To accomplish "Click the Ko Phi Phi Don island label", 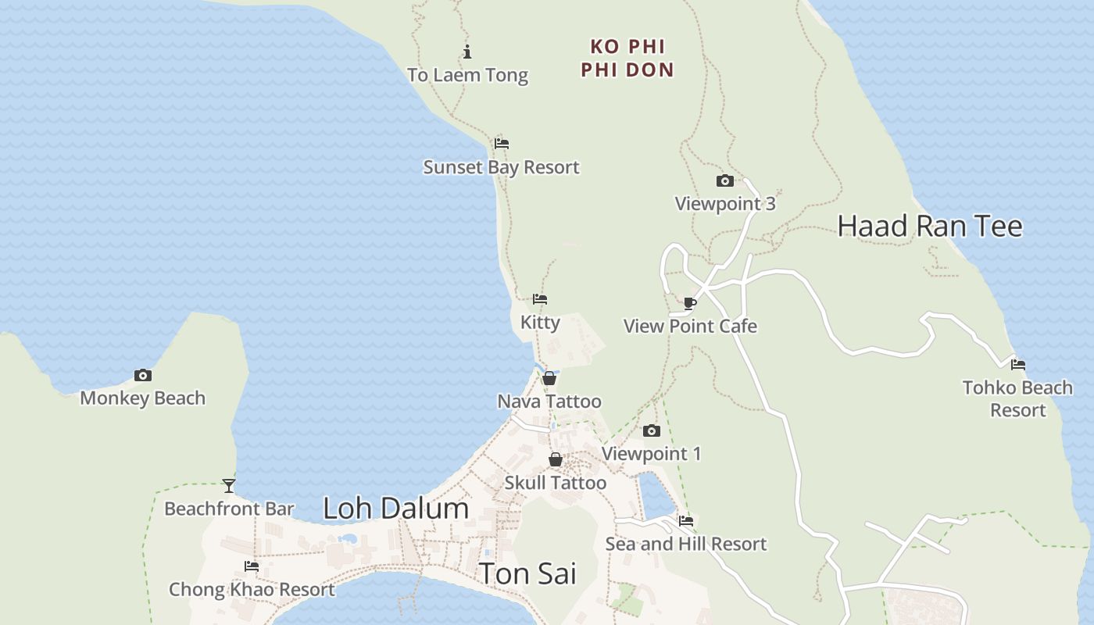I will (627, 58).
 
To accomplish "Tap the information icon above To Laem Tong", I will (467, 52).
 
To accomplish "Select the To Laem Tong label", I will (467, 75).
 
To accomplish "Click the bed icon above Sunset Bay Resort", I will (502, 144).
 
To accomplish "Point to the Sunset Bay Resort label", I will (501, 167).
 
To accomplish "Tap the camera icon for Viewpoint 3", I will (725, 181).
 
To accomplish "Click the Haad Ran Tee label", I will (929, 227).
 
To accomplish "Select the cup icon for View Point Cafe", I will (690, 303).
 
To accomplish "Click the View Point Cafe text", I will (690, 326).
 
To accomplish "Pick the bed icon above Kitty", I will (540, 299).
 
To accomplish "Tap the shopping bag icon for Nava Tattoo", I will (549, 379).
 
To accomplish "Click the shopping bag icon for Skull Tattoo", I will (555, 459).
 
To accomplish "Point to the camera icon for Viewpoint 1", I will (651, 431).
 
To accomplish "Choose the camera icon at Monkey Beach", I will (142, 376).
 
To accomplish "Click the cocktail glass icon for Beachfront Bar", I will (229, 486).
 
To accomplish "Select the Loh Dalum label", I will (395, 509).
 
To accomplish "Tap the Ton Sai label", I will (527, 573).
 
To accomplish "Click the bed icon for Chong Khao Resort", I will (252, 566).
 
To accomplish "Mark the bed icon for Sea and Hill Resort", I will (686, 521).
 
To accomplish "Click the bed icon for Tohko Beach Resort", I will (1017, 365).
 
